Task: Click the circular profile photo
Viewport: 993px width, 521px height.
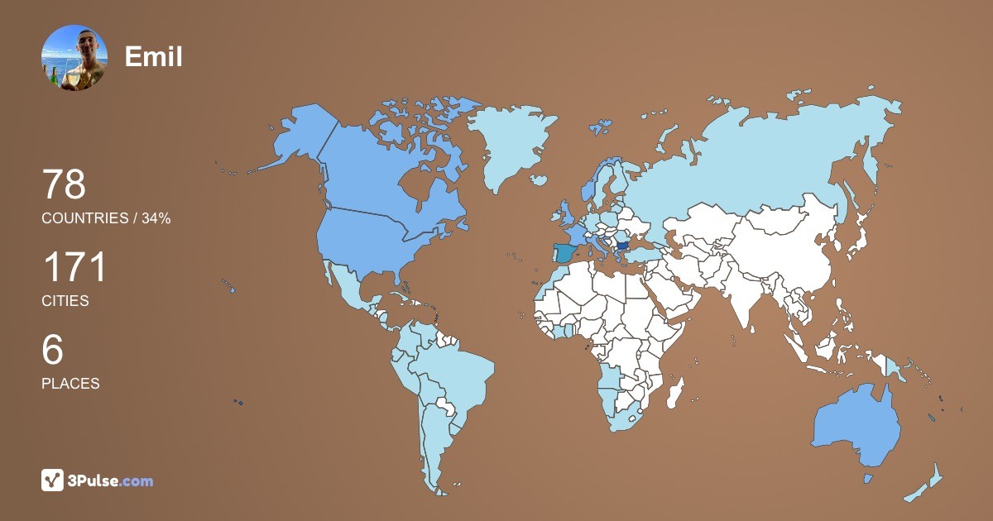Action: [x=74, y=57]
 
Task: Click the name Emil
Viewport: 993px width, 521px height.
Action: [x=153, y=57]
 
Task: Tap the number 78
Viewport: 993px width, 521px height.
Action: [x=64, y=184]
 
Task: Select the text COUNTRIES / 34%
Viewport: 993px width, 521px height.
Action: [x=106, y=218]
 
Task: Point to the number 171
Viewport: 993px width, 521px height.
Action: [x=74, y=268]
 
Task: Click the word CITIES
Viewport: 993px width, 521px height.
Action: [x=65, y=301]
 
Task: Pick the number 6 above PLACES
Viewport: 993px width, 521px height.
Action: [x=52, y=351]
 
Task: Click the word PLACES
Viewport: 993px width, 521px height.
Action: [x=70, y=384]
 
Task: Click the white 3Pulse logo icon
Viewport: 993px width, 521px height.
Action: [x=52, y=480]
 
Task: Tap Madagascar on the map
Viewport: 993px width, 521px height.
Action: [x=675, y=394]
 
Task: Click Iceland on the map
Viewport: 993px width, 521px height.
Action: [x=539, y=179]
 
